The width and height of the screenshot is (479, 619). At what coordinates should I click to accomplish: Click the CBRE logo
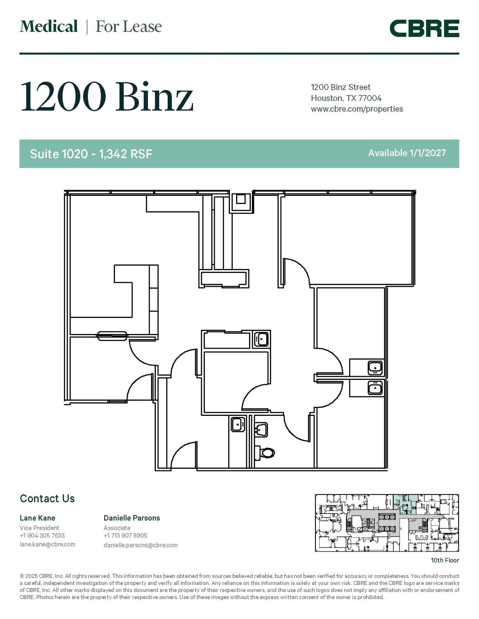point(424,28)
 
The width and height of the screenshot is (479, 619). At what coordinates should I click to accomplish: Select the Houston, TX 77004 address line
point(346,98)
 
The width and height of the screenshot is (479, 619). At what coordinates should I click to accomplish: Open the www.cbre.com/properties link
point(357,109)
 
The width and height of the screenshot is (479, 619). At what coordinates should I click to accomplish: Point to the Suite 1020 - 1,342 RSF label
point(91,154)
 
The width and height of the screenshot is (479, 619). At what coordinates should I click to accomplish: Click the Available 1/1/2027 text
point(407,153)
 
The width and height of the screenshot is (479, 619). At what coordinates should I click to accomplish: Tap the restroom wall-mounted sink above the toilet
point(261,429)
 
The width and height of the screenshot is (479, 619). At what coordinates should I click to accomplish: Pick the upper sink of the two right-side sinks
point(375,368)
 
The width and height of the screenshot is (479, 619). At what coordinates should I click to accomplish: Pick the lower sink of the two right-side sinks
point(375,388)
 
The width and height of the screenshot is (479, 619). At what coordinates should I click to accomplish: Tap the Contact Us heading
point(47,499)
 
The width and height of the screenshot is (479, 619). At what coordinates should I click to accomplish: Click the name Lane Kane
point(38,518)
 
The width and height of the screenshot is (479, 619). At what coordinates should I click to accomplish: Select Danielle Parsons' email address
point(140,545)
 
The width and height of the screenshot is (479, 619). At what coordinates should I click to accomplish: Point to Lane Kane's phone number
point(42,536)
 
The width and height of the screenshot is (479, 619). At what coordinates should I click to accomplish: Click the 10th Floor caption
point(445,560)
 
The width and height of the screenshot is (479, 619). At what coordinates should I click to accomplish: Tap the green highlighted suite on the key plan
point(405,503)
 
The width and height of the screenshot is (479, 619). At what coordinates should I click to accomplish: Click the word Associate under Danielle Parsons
point(117,528)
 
